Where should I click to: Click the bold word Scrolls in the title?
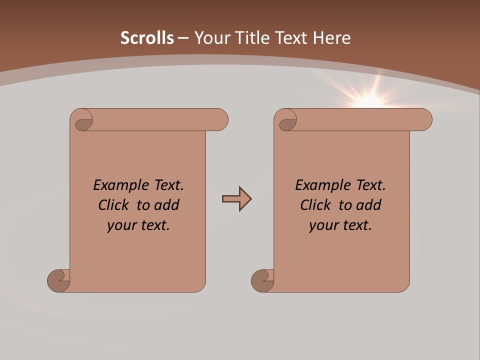(x=147, y=38)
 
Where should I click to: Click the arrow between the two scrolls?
(x=236, y=199)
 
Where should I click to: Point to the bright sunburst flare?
(x=369, y=100)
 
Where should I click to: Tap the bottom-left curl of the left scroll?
(x=58, y=281)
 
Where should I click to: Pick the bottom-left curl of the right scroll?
(x=262, y=281)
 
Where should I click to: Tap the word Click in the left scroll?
(x=115, y=205)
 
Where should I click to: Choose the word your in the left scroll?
(x=120, y=225)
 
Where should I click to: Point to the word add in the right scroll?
(x=370, y=205)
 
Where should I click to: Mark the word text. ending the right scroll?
(x=356, y=225)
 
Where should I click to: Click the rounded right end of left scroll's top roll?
(x=220, y=120)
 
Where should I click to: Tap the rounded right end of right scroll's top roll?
(x=424, y=120)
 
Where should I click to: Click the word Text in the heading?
(x=290, y=38)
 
